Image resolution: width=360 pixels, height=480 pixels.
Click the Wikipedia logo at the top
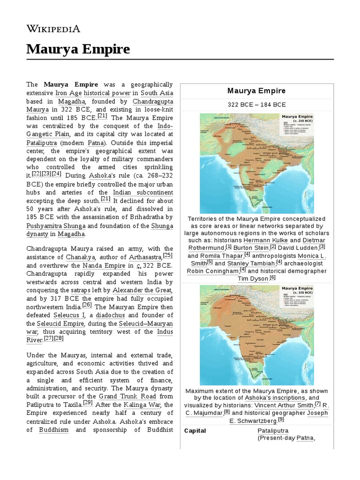pos(53,29)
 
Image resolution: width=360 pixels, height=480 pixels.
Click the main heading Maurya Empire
pos(78,49)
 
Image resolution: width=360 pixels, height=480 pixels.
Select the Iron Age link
pos(69,93)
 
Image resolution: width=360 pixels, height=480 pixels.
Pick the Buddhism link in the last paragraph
pos(53,429)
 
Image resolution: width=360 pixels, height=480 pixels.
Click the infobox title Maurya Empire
pos(256,90)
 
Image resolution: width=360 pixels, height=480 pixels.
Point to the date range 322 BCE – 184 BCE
pos(256,104)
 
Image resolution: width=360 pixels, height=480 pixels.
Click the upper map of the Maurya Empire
pos(256,163)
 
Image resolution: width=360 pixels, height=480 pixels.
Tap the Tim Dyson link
pos(252,278)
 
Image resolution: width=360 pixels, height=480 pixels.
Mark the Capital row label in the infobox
pos(195,430)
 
